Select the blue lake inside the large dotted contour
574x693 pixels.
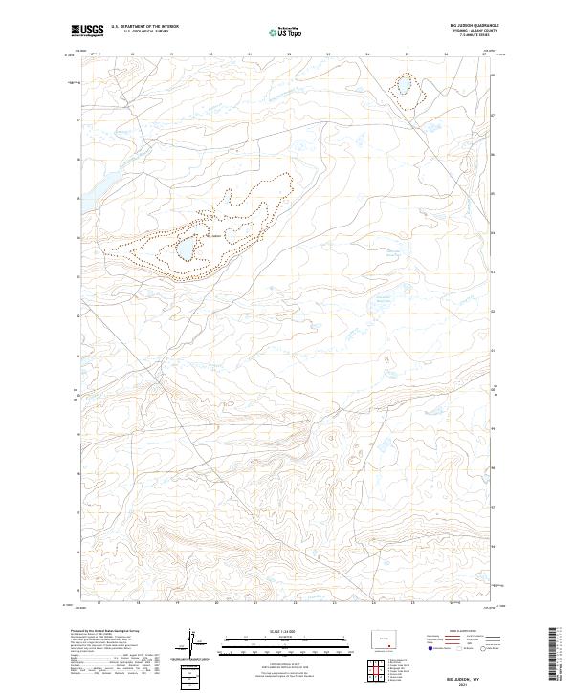pos(186,249)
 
